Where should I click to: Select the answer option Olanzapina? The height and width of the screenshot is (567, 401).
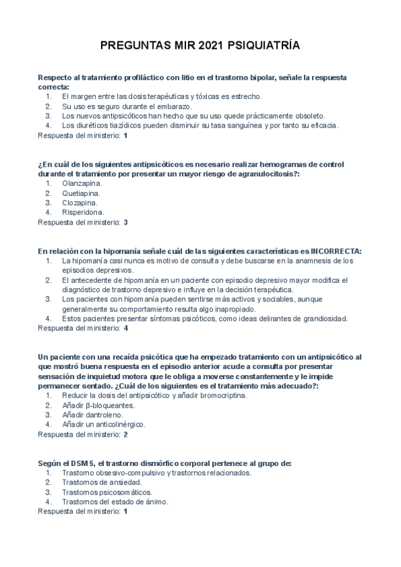[82, 183]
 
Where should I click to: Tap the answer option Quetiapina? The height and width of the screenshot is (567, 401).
[81, 193]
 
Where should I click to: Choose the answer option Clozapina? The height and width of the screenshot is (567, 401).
[80, 202]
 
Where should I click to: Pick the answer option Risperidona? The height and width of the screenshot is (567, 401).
[83, 212]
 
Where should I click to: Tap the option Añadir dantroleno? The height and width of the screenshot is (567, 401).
[92, 415]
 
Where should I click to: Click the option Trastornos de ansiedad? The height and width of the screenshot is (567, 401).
[101, 482]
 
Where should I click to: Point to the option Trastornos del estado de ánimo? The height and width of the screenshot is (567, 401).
[114, 501]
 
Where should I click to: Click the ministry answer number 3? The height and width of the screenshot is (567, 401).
[125, 221]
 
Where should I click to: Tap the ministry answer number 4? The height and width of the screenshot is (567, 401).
[125, 328]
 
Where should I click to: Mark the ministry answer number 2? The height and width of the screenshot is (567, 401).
[125, 434]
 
